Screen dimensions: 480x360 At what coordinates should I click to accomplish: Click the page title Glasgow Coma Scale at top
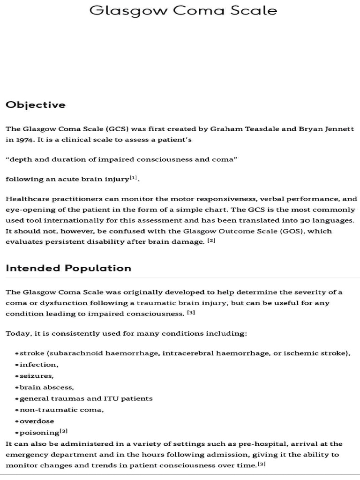coord(183,10)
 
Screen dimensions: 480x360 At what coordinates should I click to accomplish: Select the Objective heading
coord(36,105)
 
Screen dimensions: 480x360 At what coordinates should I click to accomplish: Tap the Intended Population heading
coord(68,268)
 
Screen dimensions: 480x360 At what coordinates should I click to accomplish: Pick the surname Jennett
coord(338,129)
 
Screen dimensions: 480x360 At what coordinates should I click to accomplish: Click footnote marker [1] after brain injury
coord(134,178)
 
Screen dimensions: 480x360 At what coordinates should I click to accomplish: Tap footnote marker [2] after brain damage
coord(211,241)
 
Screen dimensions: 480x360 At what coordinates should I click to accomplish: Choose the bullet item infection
coord(38,364)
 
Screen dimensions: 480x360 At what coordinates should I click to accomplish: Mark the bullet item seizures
coord(37,375)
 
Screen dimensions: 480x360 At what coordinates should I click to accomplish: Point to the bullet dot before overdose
coord(17,421)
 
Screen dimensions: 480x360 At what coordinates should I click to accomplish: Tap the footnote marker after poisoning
coord(64,431)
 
